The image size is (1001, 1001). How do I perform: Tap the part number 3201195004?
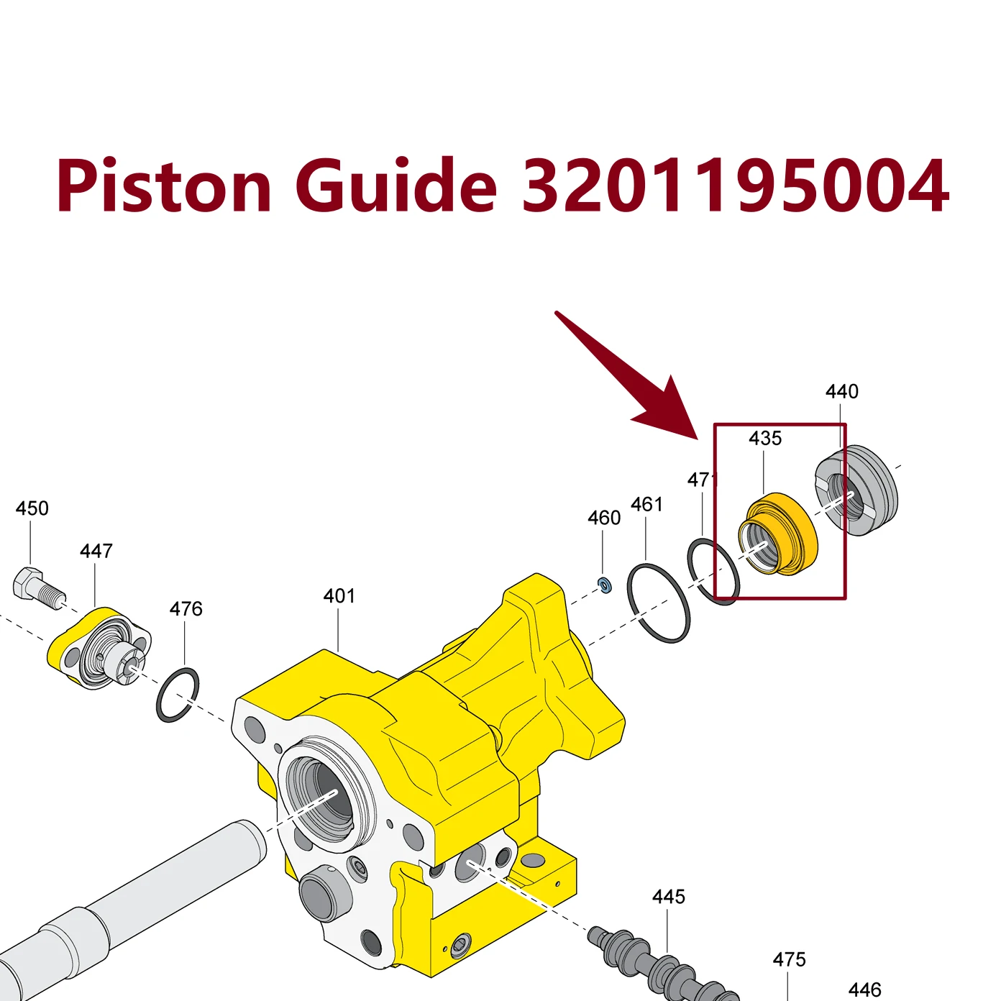tap(736, 186)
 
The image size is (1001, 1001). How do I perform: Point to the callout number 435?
tap(764, 439)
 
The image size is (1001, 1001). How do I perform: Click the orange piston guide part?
tap(778, 534)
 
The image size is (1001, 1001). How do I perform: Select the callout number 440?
tap(841, 391)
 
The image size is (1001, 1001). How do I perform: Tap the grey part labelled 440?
tap(856, 490)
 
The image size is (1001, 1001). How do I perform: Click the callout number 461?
tap(646, 504)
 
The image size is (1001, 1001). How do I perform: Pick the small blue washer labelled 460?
tap(605, 585)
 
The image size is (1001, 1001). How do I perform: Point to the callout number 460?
tap(604, 518)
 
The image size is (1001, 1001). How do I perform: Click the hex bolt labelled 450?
tap(38, 590)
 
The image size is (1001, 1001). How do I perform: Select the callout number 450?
tap(32, 508)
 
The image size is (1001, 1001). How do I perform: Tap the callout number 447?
tap(96, 551)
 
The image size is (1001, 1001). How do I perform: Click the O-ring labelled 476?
tap(178, 695)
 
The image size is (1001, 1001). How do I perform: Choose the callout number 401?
tap(339, 596)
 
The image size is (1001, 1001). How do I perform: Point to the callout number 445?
tap(669, 897)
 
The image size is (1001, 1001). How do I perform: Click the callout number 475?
tap(789, 959)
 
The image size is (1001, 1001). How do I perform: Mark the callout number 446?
tap(865, 989)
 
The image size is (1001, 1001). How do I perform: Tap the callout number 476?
tap(186, 609)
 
